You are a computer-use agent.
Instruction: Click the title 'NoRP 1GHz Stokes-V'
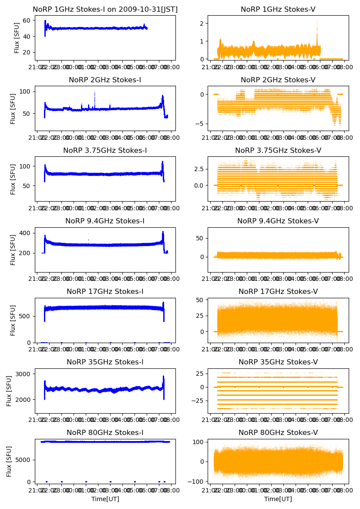coord(278,10)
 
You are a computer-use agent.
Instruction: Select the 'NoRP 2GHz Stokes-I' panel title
coord(105,80)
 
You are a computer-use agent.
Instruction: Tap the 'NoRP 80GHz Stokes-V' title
coord(278,433)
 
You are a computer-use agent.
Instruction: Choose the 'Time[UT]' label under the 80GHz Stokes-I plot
coord(105,499)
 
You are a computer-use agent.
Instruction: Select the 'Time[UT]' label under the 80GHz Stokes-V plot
coord(278,499)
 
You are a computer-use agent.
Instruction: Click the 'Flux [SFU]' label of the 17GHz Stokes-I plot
coord(13,320)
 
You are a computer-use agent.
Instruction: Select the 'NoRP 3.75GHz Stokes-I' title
coord(105,151)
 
